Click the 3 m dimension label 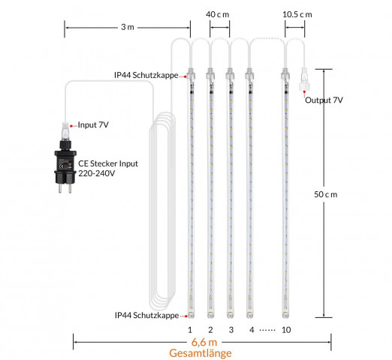[128, 27]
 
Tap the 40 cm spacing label [217, 14]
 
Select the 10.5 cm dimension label [297, 14]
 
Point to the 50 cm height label [326, 194]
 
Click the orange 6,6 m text [204, 342]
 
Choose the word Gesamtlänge [201, 353]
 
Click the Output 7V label [324, 100]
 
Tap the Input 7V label [93, 124]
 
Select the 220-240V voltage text [97, 173]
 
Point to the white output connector [304, 79]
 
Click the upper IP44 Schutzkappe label [146, 75]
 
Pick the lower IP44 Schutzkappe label [146, 315]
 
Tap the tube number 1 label [190, 330]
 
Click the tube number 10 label [286, 330]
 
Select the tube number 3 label [231, 330]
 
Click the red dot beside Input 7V [71, 126]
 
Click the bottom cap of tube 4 [249, 315]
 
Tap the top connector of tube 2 [210, 74]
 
